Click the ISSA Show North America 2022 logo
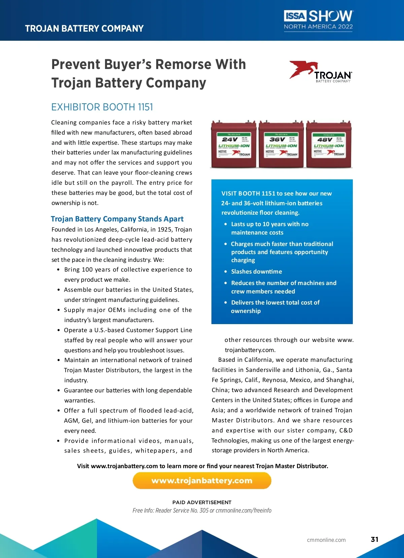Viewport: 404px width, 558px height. pyautogui.click(x=318, y=20)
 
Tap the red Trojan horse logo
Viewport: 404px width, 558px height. pyautogui.click(x=303, y=69)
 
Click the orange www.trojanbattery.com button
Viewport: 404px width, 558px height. pyautogui.click(x=202, y=481)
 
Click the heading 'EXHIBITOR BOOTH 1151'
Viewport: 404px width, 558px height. pyautogui.click(x=102, y=107)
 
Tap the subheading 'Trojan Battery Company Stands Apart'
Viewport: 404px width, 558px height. pyautogui.click(x=117, y=219)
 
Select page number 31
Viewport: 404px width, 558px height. pyautogui.click(x=374, y=539)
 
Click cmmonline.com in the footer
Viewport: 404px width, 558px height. pyautogui.click(x=326, y=540)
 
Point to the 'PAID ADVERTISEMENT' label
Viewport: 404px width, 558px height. pyautogui.click(x=202, y=502)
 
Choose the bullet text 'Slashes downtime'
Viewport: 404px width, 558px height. pyautogui.click(x=257, y=272)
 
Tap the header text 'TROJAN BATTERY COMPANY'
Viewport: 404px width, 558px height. pyautogui.click(x=84, y=29)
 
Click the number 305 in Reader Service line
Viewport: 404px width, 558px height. pyautogui.click(x=204, y=511)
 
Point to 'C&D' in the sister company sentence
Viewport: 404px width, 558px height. pyautogui.click(x=346, y=430)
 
